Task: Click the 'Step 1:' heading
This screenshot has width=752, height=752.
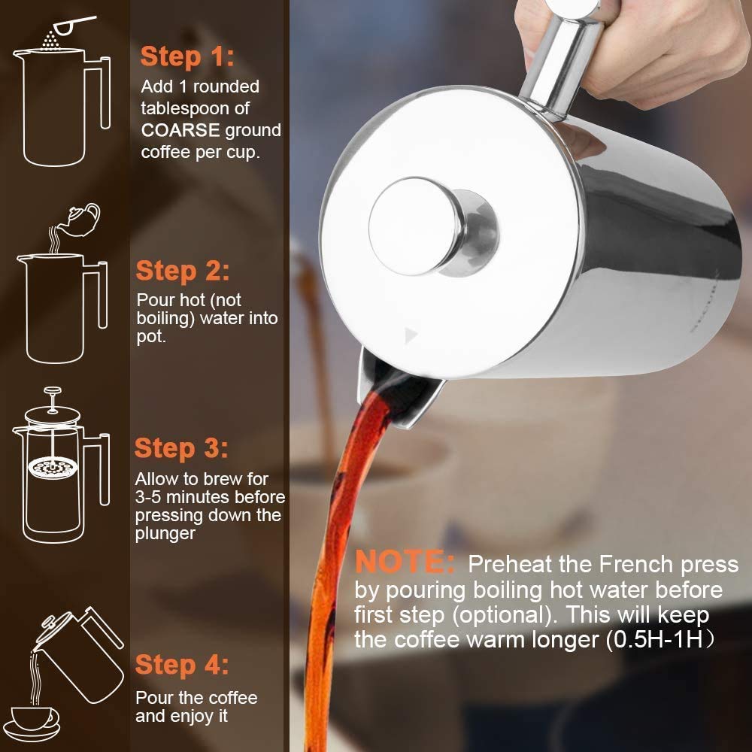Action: point(187,56)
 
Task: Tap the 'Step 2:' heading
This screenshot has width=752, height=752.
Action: point(183,271)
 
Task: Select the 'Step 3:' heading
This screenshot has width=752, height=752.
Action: point(181,449)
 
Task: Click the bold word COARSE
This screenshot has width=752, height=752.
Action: point(180,130)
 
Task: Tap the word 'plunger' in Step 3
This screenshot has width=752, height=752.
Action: point(165,533)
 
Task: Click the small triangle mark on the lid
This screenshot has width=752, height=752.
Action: point(410,334)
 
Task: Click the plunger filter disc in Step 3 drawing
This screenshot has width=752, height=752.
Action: point(52,468)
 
